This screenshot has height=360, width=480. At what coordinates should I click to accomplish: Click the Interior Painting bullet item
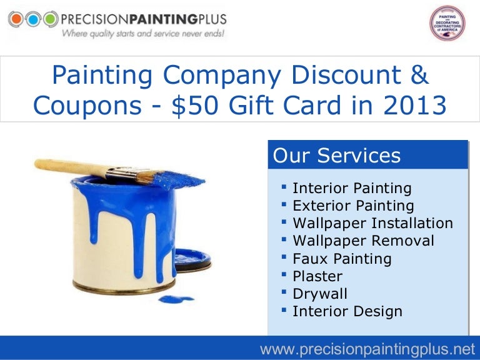[x=352, y=188]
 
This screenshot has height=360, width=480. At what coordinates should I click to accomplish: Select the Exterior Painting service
[x=353, y=206]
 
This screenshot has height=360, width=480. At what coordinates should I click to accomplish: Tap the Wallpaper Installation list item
[x=372, y=223]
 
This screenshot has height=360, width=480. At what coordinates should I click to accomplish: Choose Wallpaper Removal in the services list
[x=363, y=241]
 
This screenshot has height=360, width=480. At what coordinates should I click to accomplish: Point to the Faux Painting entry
[x=342, y=258]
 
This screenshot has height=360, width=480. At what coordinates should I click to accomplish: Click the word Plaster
[x=317, y=276]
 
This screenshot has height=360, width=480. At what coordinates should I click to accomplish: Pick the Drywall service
[x=319, y=293]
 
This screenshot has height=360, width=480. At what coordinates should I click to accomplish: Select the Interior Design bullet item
[x=347, y=311]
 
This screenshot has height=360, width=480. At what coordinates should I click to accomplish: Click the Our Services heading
[x=337, y=155]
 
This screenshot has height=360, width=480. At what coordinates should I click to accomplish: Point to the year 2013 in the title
[x=413, y=106]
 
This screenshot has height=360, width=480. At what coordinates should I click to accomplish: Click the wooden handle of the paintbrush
[x=81, y=167]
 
